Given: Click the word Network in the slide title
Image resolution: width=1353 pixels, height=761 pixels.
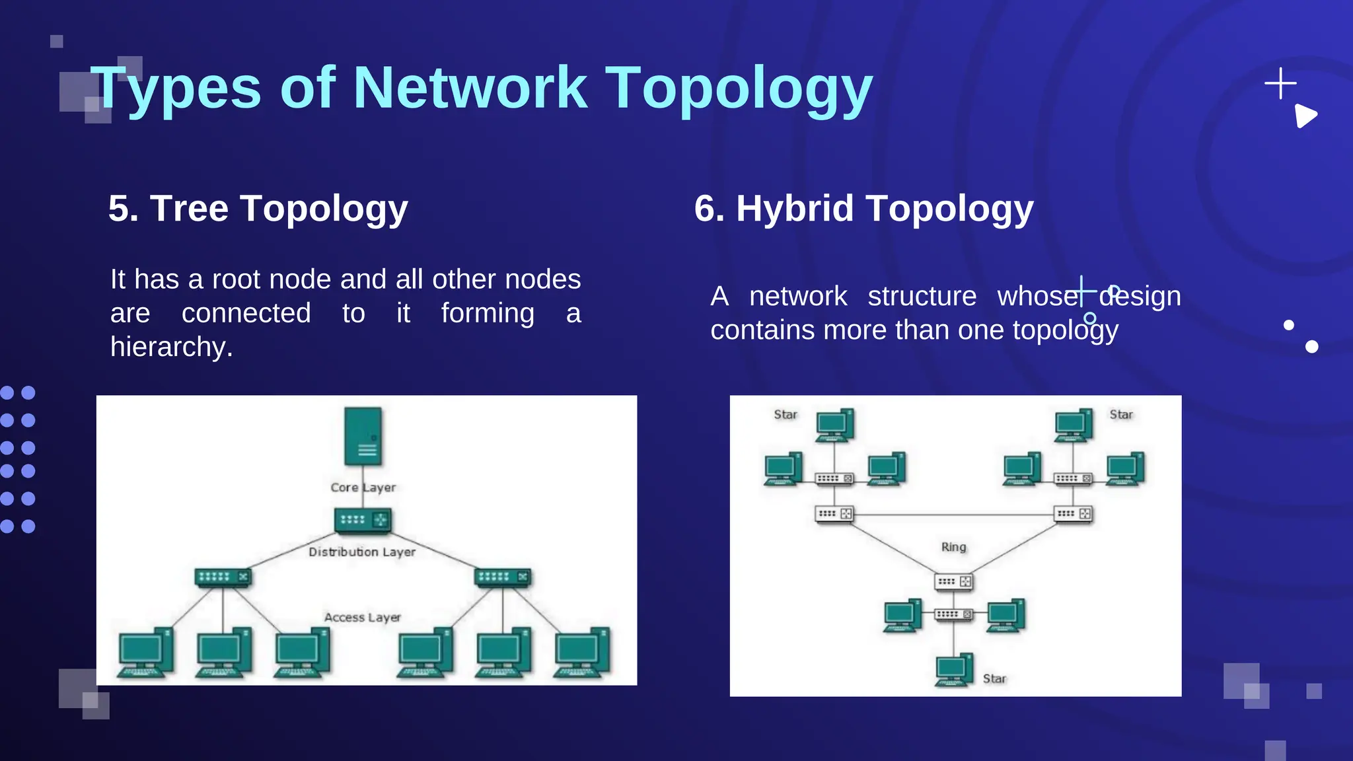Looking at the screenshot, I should tap(470, 88).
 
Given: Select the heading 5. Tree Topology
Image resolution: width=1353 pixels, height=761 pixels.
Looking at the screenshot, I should tap(258, 209).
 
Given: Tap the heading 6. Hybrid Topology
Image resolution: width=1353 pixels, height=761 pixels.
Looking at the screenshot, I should tap(863, 209).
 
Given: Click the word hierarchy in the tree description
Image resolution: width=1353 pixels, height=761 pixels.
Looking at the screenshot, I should tap(170, 347).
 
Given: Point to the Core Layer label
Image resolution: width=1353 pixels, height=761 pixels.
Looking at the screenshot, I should tap(363, 488).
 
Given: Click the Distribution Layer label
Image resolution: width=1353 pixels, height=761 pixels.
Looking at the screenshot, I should tap(362, 552).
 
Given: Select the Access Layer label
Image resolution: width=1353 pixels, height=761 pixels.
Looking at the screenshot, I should tap(362, 617).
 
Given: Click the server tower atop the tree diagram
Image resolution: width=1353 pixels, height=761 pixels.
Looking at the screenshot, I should tap(363, 436).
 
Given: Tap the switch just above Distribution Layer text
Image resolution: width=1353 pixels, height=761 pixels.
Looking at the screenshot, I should tap(363, 520).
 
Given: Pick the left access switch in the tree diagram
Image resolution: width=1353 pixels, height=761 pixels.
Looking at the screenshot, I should tap(223, 577).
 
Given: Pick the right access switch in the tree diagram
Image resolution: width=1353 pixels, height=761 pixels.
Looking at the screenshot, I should tap(503, 577).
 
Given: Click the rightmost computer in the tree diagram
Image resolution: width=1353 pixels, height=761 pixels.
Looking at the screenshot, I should tap(581, 653).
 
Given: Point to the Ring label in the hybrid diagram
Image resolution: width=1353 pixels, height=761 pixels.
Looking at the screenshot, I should tap(953, 547).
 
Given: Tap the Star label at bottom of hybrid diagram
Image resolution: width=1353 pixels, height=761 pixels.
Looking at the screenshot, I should tap(994, 678).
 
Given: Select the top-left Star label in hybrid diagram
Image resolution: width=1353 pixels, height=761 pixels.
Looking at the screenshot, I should tap(786, 414).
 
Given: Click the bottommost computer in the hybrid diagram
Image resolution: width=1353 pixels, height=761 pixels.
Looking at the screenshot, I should tap(953, 670).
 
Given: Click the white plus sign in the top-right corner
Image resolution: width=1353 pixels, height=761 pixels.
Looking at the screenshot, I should tap(1280, 84).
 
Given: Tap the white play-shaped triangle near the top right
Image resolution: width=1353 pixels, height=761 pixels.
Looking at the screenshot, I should tap(1305, 116).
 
